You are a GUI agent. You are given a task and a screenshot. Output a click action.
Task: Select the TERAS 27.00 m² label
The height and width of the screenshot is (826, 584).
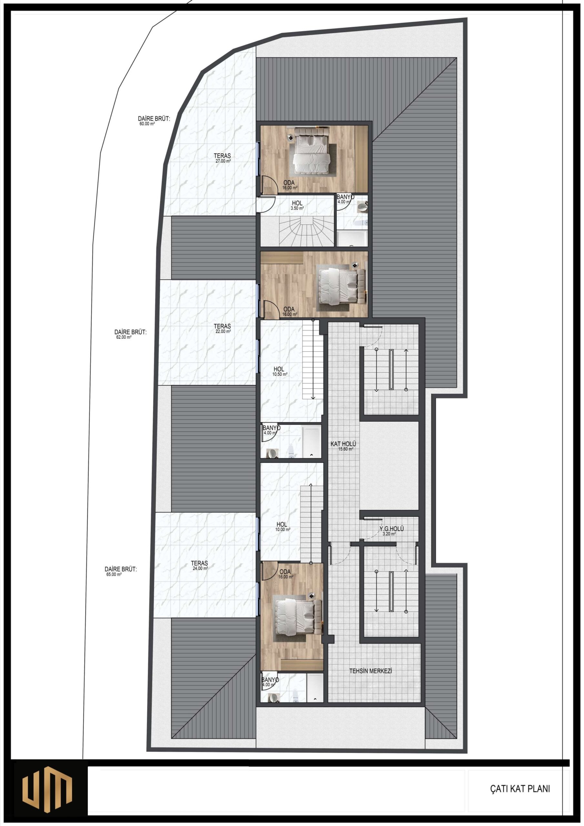point(222,158)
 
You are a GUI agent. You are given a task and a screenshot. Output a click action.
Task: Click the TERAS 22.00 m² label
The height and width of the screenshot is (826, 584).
point(222,328)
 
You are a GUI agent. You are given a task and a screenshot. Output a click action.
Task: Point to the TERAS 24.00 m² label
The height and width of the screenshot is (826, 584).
point(199,566)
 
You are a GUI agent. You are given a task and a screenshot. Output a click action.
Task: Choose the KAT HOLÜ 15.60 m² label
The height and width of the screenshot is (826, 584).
point(343,446)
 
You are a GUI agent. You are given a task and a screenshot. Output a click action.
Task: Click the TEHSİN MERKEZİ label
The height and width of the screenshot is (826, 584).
point(370,671)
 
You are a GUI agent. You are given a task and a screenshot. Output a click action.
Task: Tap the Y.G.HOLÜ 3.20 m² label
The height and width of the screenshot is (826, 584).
point(391,531)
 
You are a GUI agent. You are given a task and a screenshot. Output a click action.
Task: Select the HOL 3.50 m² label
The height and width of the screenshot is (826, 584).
point(297,206)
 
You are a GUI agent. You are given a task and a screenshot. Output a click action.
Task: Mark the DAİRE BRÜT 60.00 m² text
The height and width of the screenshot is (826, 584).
point(154,121)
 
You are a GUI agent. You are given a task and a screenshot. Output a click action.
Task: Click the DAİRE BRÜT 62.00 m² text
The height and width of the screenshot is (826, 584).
point(130,335)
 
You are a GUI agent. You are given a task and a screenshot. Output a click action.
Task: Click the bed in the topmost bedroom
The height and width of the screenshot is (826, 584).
point(311,150)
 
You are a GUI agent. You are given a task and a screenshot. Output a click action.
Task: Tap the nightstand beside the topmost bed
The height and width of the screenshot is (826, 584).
point(290,137)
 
